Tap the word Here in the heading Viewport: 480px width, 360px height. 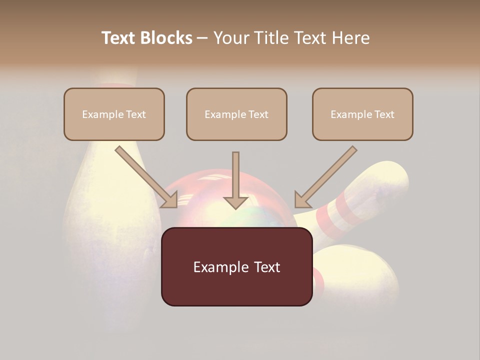click(x=350, y=38)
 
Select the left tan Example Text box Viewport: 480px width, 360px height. click(x=114, y=114)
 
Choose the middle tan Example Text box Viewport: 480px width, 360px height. click(x=236, y=114)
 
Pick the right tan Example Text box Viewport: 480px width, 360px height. click(x=362, y=114)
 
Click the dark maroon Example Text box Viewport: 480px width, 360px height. click(x=236, y=266)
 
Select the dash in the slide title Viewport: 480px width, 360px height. click(x=202, y=38)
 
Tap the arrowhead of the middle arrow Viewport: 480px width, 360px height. click(x=235, y=202)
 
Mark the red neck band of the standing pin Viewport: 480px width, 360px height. click(x=116, y=85)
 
